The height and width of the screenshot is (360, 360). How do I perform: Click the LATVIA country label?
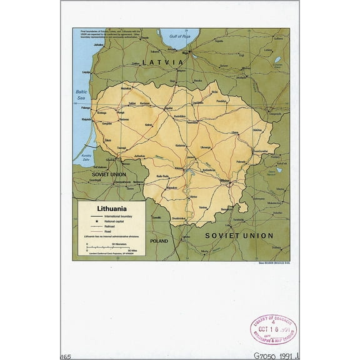click(163, 63)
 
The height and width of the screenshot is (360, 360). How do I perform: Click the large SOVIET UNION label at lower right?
click(239, 236)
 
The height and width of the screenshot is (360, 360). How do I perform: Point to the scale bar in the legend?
click(109, 247)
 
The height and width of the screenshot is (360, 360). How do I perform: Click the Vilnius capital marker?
click(230, 183)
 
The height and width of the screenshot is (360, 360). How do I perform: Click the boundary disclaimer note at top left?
click(116, 34)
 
